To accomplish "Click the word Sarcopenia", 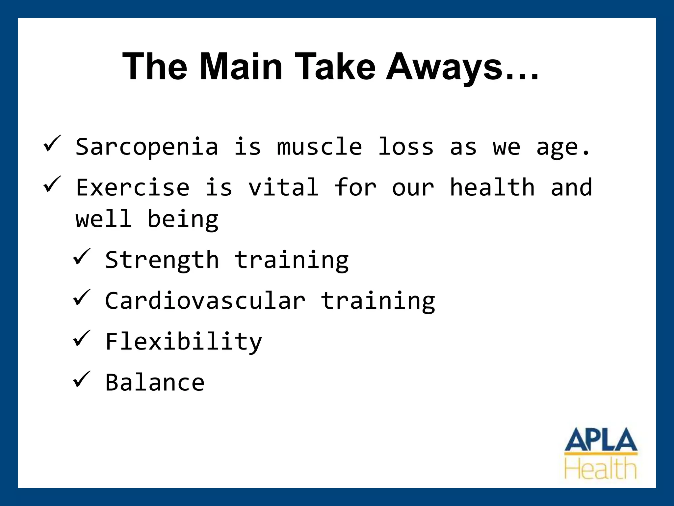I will click(x=147, y=147).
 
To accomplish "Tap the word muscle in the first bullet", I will click(x=320, y=147).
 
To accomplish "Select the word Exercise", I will click(x=133, y=187).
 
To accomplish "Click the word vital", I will click(x=283, y=187).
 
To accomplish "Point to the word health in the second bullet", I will click(x=492, y=187).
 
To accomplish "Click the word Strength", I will click(x=162, y=260).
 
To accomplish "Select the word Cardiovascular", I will click(x=205, y=301).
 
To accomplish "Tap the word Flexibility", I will click(x=184, y=342).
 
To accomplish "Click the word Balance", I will click(x=155, y=382).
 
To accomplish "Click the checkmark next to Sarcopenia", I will click(x=52, y=144).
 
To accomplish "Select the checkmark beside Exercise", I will click(x=52, y=184).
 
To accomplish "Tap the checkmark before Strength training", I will click(x=81, y=257).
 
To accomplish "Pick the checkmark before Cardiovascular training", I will click(x=81, y=297).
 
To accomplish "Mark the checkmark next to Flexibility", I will click(x=81, y=338).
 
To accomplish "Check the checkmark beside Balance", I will click(x=81, y=379).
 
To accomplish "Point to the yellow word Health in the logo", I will click(x=601, y=469).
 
